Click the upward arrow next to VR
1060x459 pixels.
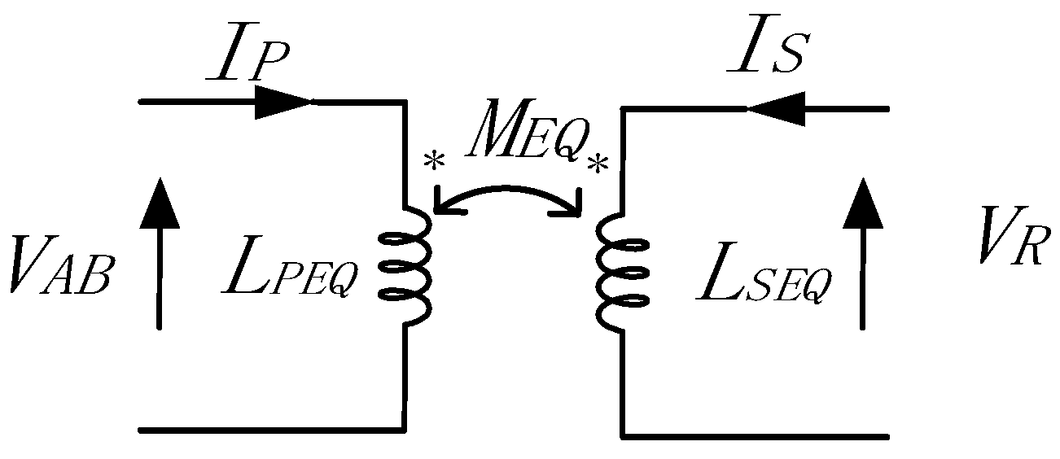pos(861,252)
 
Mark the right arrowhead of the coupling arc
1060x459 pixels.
pos(575,207)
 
